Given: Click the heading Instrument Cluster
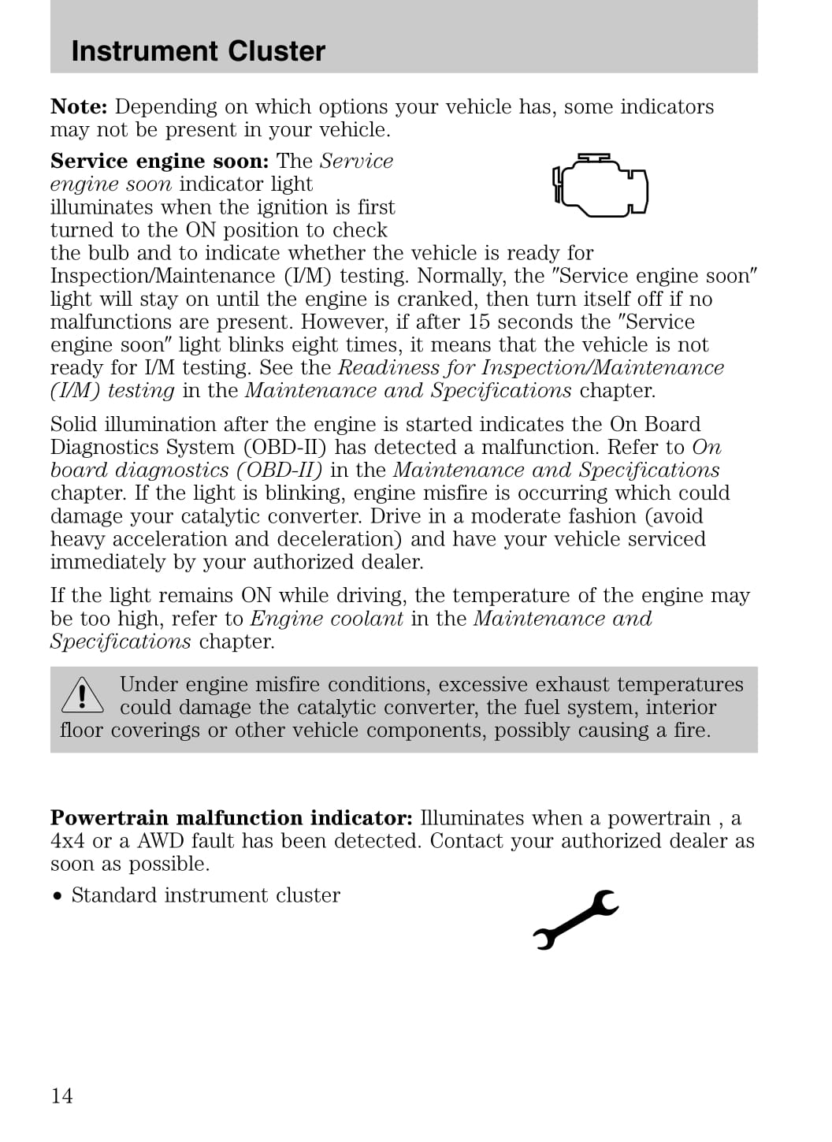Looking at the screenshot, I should coord(198,51).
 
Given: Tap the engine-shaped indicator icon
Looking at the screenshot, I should coord(600,186).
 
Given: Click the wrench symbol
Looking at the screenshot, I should coord(576,919).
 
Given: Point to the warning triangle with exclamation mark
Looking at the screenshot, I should coord(81,695).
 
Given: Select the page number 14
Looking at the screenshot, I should coord(61,1096).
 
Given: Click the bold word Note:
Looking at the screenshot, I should coord(79,107).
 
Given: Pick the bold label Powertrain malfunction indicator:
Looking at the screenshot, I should coord(231,818).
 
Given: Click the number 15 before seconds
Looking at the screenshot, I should coord(479,322).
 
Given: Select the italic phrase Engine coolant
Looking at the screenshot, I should coord(326,619).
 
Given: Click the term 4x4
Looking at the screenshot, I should coord(68,841).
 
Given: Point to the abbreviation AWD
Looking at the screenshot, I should coord(160,841).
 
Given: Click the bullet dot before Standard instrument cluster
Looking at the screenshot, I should coord(57,896).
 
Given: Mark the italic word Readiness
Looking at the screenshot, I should coord(388,368).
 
